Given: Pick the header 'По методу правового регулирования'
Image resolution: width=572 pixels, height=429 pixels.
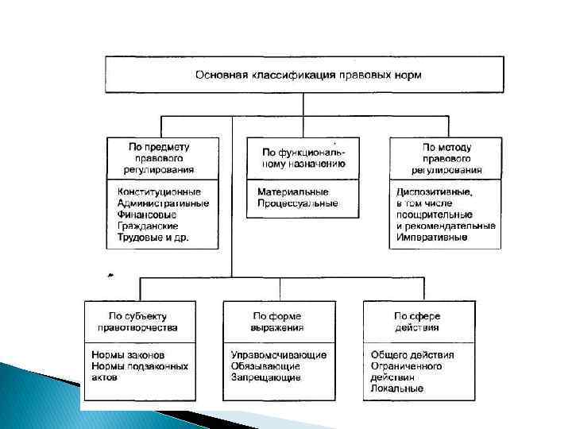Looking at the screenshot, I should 446,158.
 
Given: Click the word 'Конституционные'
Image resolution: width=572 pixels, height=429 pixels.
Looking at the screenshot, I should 159,192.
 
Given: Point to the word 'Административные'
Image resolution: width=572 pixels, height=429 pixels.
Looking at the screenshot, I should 163,203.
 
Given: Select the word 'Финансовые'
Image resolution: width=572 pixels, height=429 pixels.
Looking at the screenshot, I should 146,214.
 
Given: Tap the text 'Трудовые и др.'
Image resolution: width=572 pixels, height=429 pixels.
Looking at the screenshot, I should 153,237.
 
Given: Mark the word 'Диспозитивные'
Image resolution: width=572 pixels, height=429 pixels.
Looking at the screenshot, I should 434,192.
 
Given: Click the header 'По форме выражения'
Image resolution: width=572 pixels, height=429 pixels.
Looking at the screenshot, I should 277,322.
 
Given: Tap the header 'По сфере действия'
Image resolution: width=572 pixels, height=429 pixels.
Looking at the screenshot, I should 417,322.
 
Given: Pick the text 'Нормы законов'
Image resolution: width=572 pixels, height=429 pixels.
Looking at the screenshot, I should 129,355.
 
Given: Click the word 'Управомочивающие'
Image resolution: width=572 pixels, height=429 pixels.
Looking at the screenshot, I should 277,355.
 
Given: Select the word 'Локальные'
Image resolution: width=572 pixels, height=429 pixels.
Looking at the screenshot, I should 397,388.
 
